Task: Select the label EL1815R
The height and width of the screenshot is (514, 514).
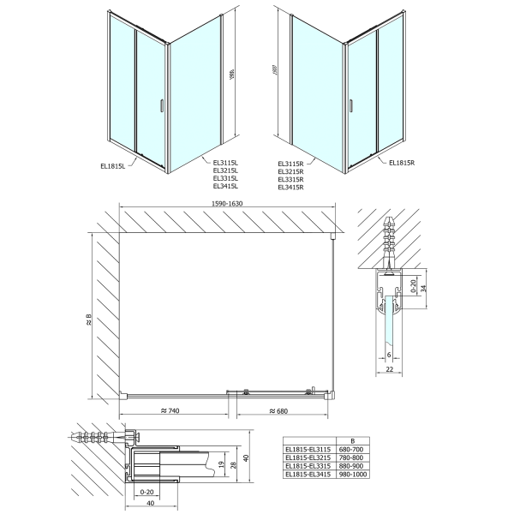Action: pyautogui.click(x=401, y=162)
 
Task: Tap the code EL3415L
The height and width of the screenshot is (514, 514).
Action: pyautogui.click(x=225, y=185)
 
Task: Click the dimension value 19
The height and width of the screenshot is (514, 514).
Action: pyautogui.click(x=220, y=465)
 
